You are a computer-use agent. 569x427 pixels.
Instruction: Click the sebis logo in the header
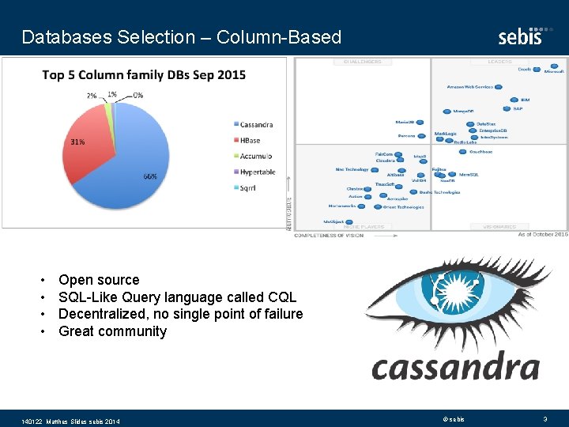(520, 36)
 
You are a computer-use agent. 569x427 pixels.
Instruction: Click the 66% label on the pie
(149, 176)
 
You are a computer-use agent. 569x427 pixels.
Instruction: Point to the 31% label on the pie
(77, 142)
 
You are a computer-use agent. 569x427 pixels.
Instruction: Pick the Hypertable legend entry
(258, 172)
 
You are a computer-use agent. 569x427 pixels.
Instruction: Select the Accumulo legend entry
(256, 156)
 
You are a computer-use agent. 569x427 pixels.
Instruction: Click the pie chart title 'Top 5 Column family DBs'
(144, 75)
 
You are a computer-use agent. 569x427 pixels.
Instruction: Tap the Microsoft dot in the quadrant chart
(555, 66)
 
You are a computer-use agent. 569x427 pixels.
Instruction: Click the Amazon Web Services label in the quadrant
(470, 86)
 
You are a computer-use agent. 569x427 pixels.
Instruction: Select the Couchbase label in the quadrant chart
(480, 150)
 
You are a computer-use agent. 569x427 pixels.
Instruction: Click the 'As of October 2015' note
(542, 234)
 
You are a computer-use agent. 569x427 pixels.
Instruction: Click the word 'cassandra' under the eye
(455, 368)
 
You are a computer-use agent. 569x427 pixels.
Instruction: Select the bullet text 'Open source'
(99, 280)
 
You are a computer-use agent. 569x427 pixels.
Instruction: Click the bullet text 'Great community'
(112, 331)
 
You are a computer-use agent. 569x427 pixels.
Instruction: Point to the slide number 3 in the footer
(545, 418)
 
